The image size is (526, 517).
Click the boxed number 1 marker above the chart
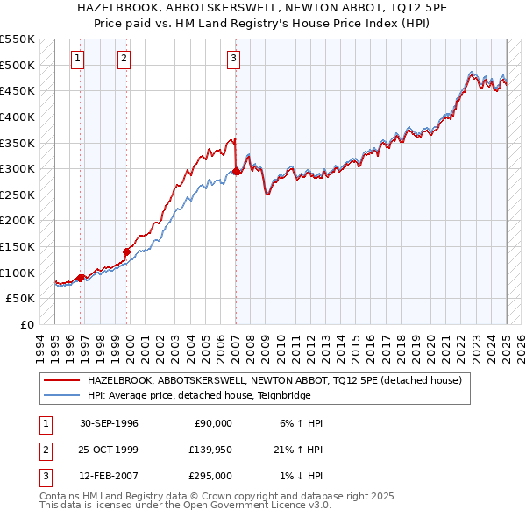tap(78, 59)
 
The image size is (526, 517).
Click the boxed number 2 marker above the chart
tap(124, 59)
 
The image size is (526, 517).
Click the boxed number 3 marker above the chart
tap(234, 59)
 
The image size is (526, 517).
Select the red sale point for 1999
tap(126, 251)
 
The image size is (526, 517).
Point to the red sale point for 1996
tap(81, 278)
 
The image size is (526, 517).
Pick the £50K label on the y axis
tap(20, 299)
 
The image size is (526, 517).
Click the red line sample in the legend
tap(61, 380)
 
